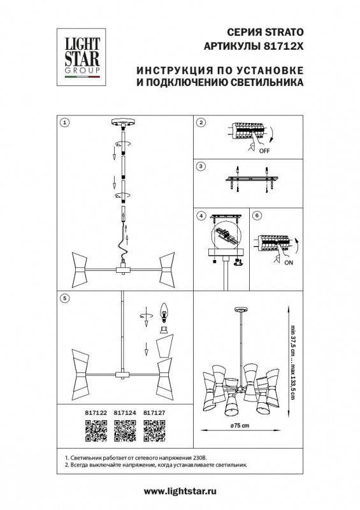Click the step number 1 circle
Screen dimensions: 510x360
pos(64,121)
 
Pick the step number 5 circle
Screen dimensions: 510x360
pos(64,297)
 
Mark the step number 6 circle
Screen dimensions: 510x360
pos(257,215)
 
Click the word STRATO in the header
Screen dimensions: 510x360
pos(284,31)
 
